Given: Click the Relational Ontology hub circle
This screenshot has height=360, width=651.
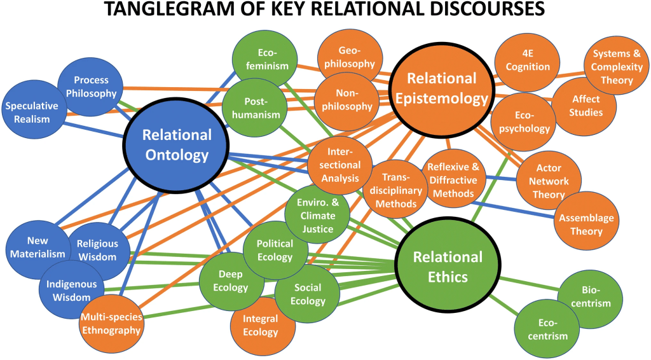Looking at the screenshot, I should pyautogui.click(x=176, y=144).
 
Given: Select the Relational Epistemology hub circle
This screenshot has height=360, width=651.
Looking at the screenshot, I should pyautogui.click(x=441, y=88).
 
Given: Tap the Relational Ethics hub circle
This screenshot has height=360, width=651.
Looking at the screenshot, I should pyautogui.click(x=448, y=267).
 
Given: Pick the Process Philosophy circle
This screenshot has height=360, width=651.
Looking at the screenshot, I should pyautogui.click(x=91, y=87).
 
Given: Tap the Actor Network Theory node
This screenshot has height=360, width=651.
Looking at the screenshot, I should pyautogui.click(x=549, y=181).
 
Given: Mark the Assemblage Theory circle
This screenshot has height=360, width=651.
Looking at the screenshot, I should pyautogui.click(x=586, y=224).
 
